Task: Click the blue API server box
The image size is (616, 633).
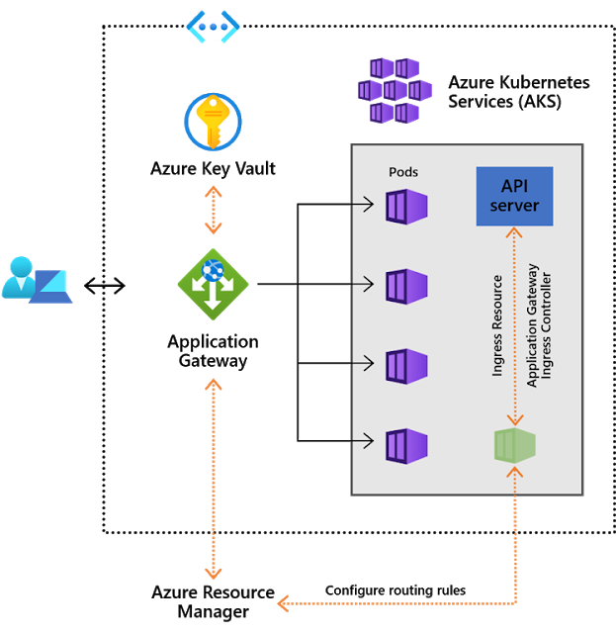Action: (514, 196)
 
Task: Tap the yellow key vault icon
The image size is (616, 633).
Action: (213, 122)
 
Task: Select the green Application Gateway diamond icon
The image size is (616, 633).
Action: (213, 284)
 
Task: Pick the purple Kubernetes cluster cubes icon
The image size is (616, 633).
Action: (395, 90)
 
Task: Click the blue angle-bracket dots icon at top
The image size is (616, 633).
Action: (213, 27)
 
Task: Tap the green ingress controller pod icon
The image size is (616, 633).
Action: (514, 445)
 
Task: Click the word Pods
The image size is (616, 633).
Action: (402, 172)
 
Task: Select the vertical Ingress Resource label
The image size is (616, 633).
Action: (498, 326)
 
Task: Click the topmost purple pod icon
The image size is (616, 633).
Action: (406, 206)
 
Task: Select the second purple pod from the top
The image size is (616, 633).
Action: (406, 286)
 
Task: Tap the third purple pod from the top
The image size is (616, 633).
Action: (406, 365)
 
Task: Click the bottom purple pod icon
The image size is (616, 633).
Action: (406, 445)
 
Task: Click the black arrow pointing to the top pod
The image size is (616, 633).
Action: (362, 206)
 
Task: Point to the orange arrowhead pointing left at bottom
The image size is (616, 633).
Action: (283, 602)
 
